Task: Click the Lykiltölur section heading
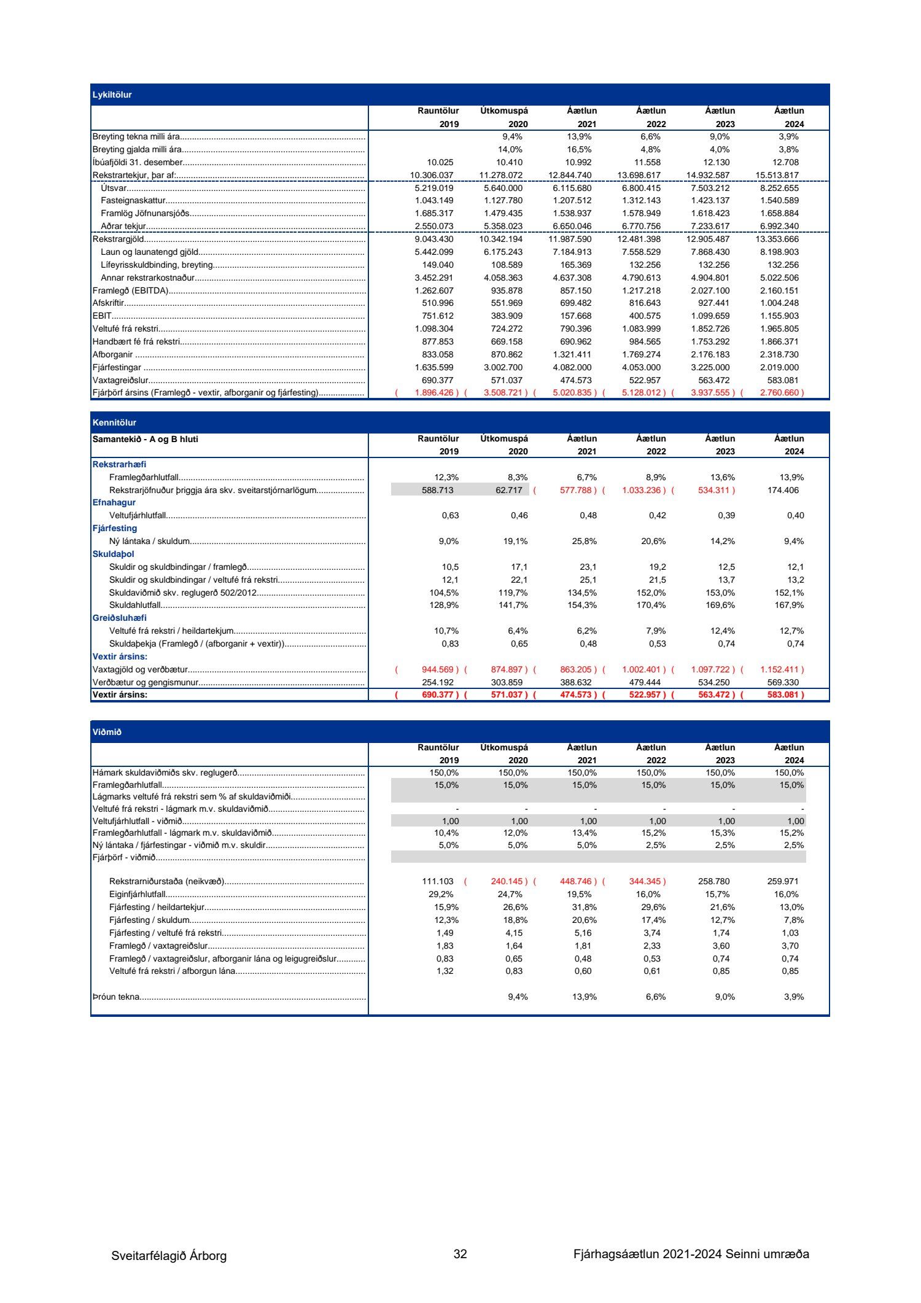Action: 112,95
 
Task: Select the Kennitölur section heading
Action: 114,422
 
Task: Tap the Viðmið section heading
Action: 107,732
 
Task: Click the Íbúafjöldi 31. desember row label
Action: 138,163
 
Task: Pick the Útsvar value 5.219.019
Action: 433,189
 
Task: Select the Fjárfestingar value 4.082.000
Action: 572,367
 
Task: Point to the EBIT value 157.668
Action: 576,316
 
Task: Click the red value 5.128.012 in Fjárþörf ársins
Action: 641,393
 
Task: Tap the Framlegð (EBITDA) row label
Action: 130,290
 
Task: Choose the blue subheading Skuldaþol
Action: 113,554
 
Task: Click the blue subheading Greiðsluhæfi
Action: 119,618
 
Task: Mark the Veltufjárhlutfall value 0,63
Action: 450,516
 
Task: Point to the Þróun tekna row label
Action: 116,997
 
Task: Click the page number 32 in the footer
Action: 460,1254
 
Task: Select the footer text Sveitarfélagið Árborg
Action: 169,1256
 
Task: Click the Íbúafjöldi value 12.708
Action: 785,163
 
